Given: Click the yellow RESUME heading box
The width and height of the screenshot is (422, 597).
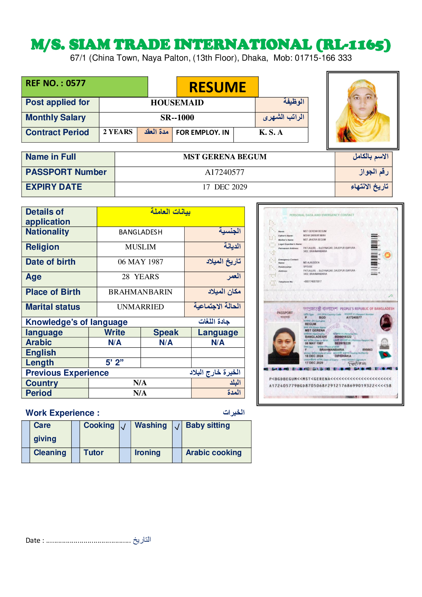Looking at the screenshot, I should tap(217, 87).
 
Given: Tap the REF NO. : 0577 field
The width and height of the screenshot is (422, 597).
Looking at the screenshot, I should tap(56, 83).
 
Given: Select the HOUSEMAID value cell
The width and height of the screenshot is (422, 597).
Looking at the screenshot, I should tap(177, 103).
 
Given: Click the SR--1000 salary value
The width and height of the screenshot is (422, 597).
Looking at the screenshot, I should tap(177, 118).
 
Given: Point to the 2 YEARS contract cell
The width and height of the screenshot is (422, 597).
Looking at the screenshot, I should tap(118, 132).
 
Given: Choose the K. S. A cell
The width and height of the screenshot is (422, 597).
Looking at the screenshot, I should tap(271, 133).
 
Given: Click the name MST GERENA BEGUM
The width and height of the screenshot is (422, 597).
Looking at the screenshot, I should tap(225, 157).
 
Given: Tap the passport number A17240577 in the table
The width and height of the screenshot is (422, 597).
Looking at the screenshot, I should tap(224, 172).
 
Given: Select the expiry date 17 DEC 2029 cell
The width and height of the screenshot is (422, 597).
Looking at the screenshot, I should tap(225, 187).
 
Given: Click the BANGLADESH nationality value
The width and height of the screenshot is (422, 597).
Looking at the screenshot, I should tap(140, 232).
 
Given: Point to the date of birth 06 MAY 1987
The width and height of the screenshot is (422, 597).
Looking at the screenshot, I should tap(140, 262).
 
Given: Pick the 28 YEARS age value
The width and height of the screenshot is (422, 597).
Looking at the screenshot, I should tap(140, 277).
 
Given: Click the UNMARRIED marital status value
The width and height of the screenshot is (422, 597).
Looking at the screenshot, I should tap(140, 307).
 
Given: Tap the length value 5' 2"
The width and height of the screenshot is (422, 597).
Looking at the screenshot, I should tap(114, 363).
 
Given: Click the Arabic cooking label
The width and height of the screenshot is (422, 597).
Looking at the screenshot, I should tap(213, 453).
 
